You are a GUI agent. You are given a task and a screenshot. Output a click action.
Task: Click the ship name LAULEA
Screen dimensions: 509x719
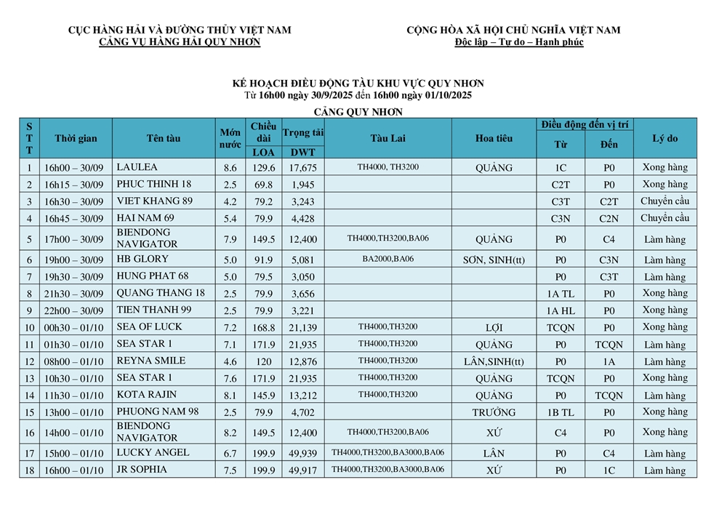137,167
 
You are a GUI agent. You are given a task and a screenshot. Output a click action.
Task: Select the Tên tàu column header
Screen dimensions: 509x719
164,138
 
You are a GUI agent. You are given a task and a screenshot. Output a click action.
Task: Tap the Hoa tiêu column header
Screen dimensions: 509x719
494,138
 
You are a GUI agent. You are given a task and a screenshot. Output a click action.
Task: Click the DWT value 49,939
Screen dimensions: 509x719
302,453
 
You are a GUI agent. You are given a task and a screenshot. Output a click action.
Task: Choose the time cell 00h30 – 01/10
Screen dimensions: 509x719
73,328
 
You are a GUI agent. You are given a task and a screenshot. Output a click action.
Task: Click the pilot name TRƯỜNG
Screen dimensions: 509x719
494,412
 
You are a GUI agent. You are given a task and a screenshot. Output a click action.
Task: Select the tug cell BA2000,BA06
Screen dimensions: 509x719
387,258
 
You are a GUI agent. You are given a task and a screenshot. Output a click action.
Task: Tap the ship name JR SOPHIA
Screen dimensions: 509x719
141,470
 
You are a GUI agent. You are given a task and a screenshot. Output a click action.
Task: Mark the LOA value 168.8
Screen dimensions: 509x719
262,328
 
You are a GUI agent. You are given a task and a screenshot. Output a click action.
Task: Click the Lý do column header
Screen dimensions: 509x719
664,138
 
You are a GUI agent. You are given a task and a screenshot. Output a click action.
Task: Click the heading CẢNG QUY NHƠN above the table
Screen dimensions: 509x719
358,112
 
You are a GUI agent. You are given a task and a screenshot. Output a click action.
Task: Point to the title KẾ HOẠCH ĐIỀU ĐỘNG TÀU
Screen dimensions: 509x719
358,84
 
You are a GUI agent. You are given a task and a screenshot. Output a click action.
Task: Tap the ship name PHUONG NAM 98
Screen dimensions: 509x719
157,412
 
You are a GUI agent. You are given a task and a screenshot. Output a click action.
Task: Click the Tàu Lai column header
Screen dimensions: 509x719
387,138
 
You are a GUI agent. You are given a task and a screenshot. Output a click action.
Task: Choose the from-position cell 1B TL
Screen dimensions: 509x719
561,412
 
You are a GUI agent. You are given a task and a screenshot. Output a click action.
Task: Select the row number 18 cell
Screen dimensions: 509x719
29,470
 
